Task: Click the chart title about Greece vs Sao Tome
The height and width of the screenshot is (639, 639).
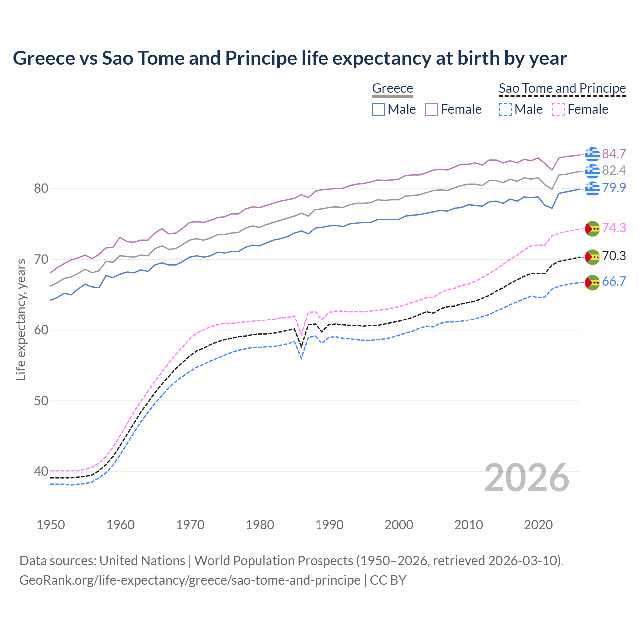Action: pos(290,58)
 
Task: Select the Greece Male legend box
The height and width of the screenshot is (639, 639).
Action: pos(379,109)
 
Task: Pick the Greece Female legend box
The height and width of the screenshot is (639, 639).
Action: pos(432,109)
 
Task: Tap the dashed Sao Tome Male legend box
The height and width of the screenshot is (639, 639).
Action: pos(505,109)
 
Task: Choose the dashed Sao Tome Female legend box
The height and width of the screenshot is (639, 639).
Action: pos(559,109)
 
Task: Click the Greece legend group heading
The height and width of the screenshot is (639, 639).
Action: pos(393,88)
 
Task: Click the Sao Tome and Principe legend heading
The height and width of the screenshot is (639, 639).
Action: pos(562,88)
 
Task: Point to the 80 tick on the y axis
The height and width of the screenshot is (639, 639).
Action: pos(41,189)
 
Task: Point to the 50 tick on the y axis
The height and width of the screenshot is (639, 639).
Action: pos(41,401)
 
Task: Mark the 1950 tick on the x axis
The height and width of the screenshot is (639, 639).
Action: pos(51,525)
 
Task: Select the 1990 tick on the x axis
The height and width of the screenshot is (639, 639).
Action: pos(329,525)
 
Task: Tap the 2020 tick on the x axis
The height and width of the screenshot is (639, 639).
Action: pos(538,525)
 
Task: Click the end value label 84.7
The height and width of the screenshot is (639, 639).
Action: pos(614,154)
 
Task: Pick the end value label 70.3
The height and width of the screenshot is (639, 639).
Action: pos(614,256)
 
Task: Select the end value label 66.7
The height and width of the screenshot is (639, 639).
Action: pos(614,282)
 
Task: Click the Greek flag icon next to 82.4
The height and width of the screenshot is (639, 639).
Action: pos(592,171)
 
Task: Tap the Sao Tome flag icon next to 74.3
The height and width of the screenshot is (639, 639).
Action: pos(592,228)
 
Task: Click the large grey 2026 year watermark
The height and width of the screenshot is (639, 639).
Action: pos(527,478)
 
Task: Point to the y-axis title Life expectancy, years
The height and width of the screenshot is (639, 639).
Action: pos(21,319)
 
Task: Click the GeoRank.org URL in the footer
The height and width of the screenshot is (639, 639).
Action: pos(190,580)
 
